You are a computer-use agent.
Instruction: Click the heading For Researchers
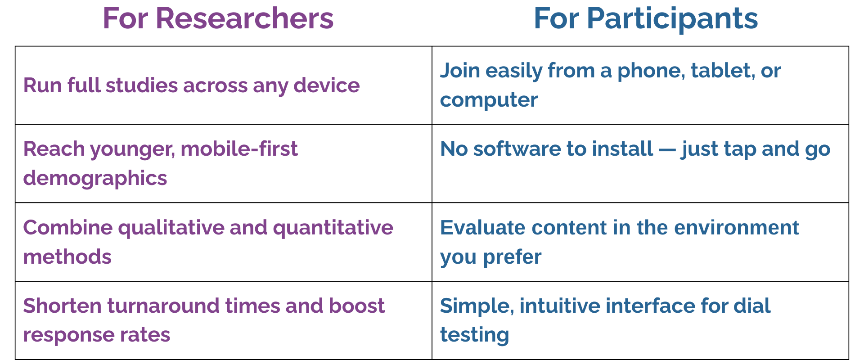click(x=218, y=19)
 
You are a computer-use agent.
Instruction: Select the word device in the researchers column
click(x=326, y=85)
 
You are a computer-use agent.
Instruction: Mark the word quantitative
click(x=333, y=228)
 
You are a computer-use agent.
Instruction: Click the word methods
click(x=67, y=257)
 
